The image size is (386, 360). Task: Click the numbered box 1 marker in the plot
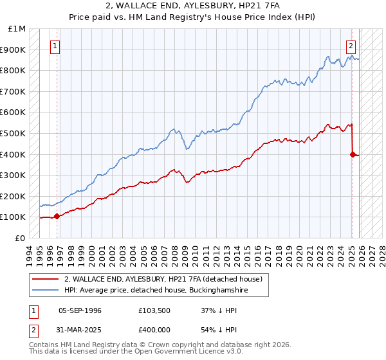tap(56, 46)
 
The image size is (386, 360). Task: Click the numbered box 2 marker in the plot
tap(351, 46)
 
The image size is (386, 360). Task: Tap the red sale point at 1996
tap(57, 216)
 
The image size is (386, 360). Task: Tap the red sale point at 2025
tap(353, 154)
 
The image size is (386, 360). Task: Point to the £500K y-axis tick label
tap(14, 133)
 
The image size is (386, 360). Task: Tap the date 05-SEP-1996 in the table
tap(80, 310)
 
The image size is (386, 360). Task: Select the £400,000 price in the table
tap(154, 328)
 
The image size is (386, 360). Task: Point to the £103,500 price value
tap(154, 310)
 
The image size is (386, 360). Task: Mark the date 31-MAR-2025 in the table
tap(80, 328)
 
